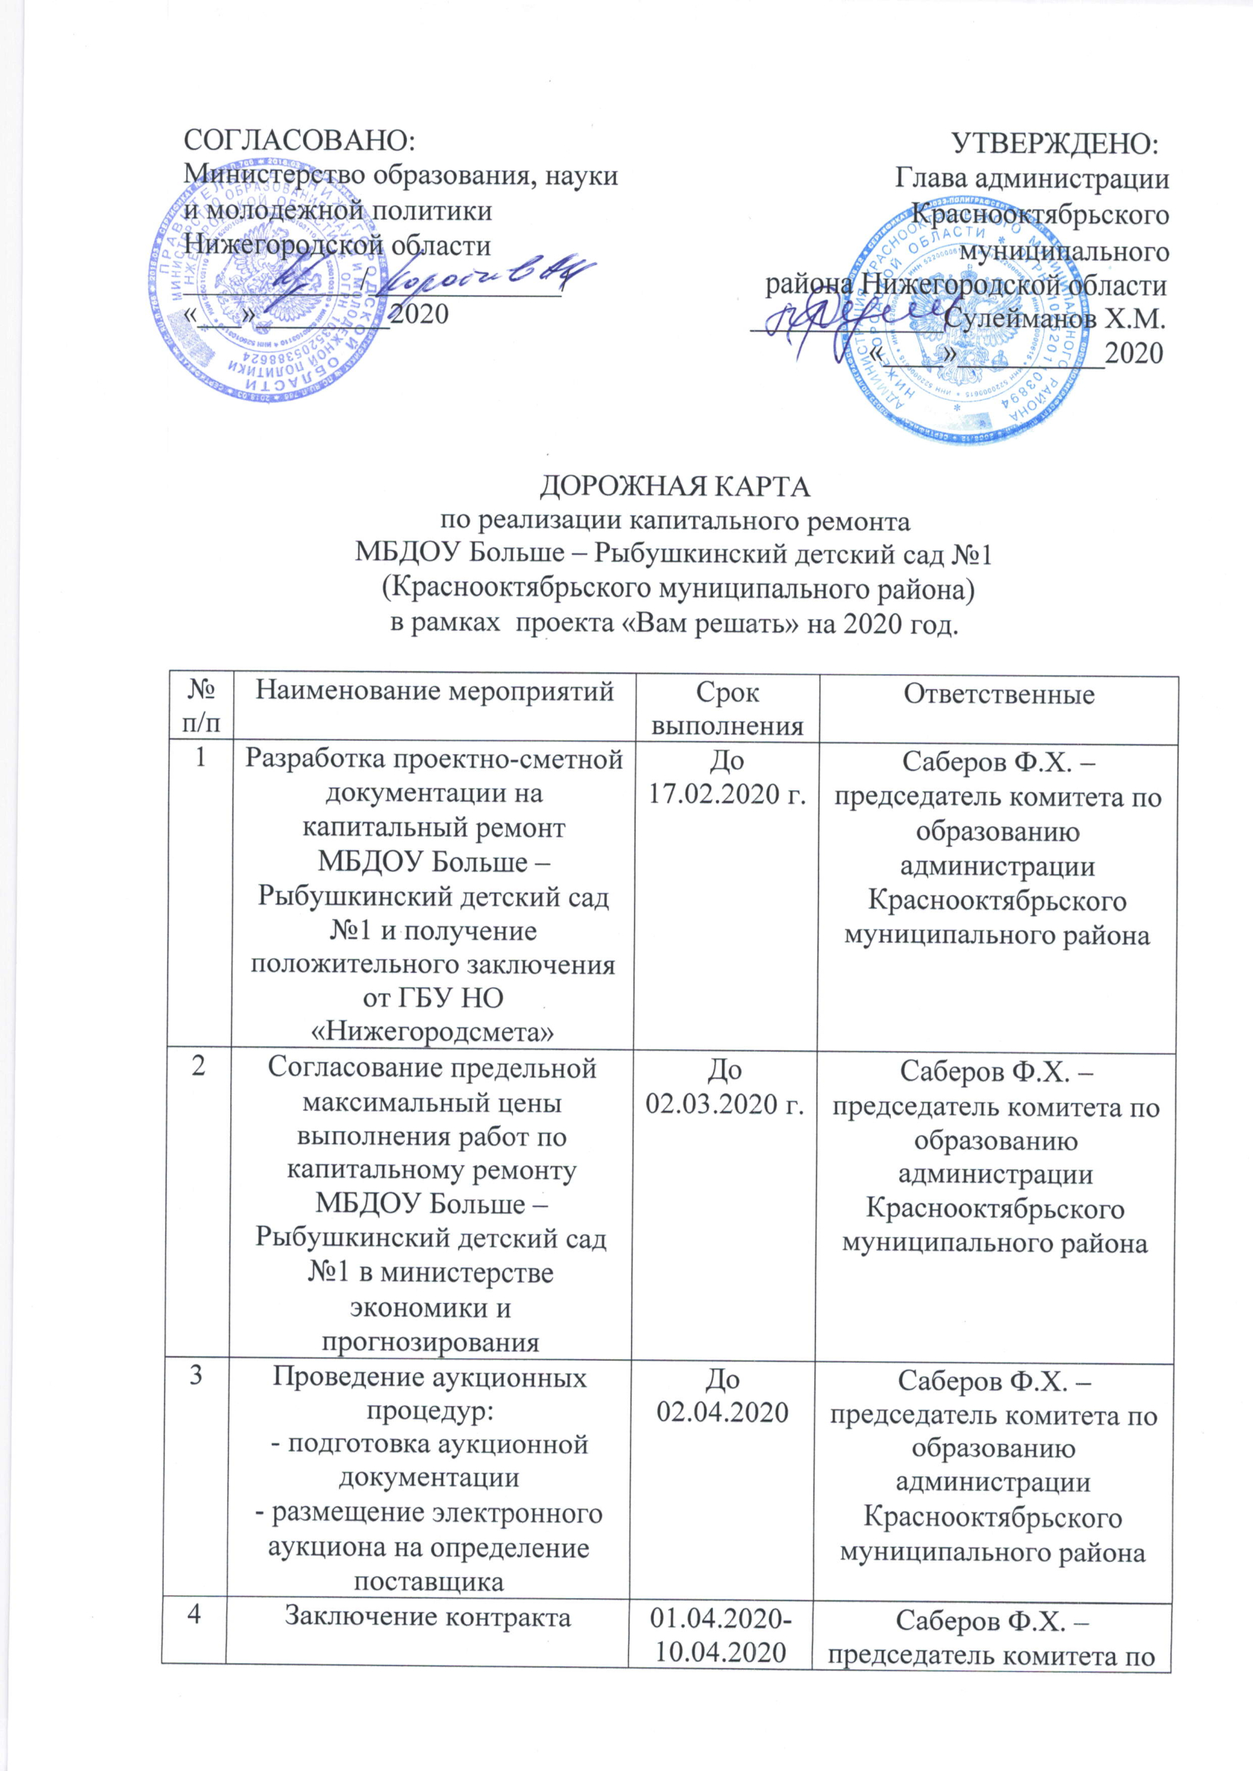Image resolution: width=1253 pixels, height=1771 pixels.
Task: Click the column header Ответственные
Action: click(x=998, y=695)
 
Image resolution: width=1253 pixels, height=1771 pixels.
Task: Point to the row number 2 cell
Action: click(x=200, y=1071)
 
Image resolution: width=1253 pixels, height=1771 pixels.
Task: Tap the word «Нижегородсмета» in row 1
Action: click(x=431, y=1032)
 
